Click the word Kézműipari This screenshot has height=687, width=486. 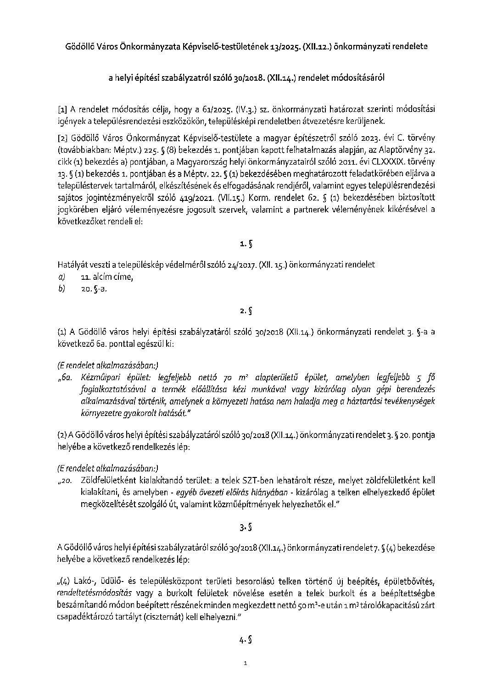pyautogui.click(x=100, y=378)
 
